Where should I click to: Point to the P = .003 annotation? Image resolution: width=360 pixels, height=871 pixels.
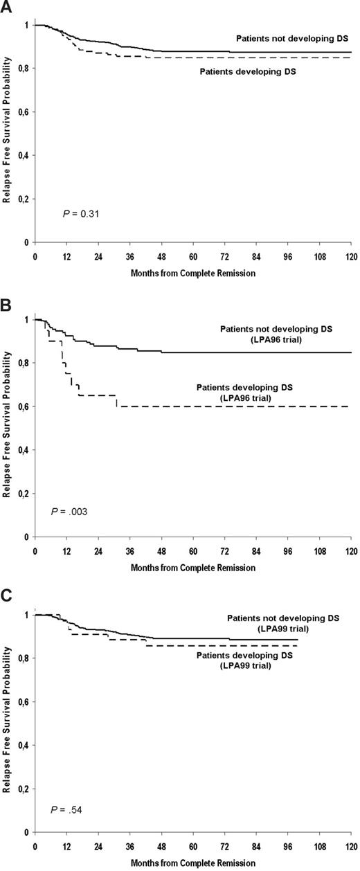pos(69,511)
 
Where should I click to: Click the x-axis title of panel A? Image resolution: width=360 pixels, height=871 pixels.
pos(192,273)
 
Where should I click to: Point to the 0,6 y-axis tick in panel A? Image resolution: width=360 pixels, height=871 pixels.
pos(22,111)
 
